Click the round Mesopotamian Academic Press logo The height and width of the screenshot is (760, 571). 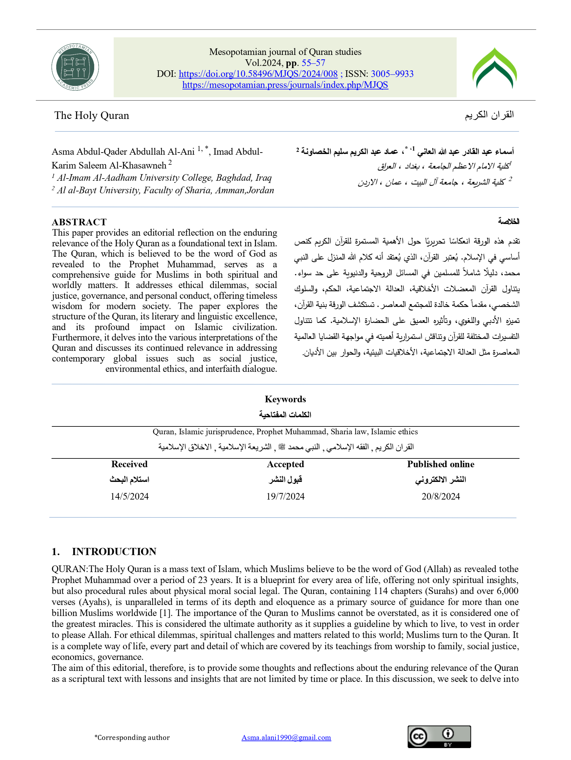pyautogui.click(x=75, y=67)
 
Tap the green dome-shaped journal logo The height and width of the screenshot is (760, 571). pyautogui.click(x=494, y=68)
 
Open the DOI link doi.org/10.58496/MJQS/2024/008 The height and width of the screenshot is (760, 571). pyautogui.click(x=258, y=74)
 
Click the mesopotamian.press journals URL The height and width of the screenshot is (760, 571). pyautogui.click(x=285, y=85)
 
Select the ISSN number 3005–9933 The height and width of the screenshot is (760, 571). pyautogui.click(x=392, y=74)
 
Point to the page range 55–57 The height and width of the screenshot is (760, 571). pyautogui.click(x=313, y=63)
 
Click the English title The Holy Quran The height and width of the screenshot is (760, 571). pyautogui.click(x=91, y=115)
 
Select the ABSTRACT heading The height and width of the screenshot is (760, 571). pyautogui.click(x=79, y=222)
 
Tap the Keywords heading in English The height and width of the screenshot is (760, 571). pyautogui.click(x=285, y=399)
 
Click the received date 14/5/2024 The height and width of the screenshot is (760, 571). pyautogui.click(x=129, y=496)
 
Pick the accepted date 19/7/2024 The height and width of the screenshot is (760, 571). pyautogui.click(x=285, y=496)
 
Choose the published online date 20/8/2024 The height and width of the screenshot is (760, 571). pyautogui.click(x=441, y=496)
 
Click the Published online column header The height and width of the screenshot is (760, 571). pyautogui.click(x=441, y=464)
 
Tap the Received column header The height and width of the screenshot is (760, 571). pyautogui.click(x=129, y=464)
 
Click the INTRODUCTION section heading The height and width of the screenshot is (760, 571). pyautogui.click(x=114, y=551)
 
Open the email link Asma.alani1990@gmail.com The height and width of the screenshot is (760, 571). pyautogui.click(x=286, y=737)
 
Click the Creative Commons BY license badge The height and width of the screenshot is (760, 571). pyautogui.click(x=439, y=737)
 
